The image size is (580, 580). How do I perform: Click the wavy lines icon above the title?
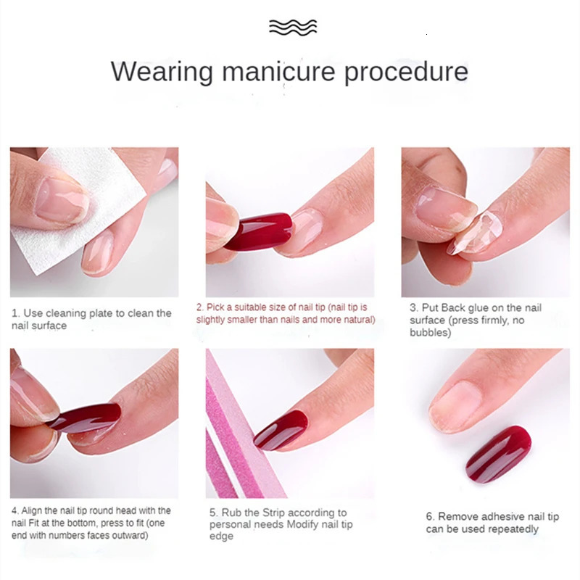[293, 28]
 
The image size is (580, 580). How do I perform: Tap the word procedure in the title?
[406, 72]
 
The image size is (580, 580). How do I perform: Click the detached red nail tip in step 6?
[498, 452]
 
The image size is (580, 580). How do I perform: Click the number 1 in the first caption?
[14, 313]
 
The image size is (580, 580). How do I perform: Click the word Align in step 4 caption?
[32, 510]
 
